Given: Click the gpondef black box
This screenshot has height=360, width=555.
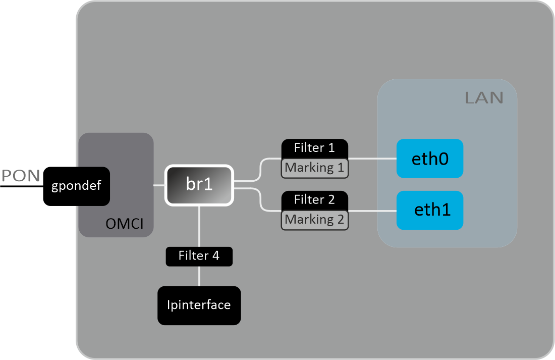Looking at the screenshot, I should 76,186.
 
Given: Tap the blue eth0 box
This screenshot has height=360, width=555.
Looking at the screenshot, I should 429,159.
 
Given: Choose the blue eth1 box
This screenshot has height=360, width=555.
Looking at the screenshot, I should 429,210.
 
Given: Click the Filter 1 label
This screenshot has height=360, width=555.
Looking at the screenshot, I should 314,148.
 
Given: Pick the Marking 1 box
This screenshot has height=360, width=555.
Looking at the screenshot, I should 314,168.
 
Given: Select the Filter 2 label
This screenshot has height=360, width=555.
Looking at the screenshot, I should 314,200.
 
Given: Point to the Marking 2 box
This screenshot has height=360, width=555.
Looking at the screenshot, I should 314,220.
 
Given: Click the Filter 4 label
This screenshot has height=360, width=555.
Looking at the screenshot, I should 199,256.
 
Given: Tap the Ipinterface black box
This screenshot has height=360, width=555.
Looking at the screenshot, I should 199,305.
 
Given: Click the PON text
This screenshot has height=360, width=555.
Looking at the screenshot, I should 21,176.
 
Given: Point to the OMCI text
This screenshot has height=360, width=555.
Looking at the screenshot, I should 124,224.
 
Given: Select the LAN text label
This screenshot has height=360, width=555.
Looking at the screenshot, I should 484,98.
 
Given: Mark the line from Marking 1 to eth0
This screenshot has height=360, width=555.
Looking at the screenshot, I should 372,158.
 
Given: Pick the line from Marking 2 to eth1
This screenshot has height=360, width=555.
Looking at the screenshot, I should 372,210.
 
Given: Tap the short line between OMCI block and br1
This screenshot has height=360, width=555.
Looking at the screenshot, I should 159,185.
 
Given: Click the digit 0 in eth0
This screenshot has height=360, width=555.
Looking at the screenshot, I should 442,159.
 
